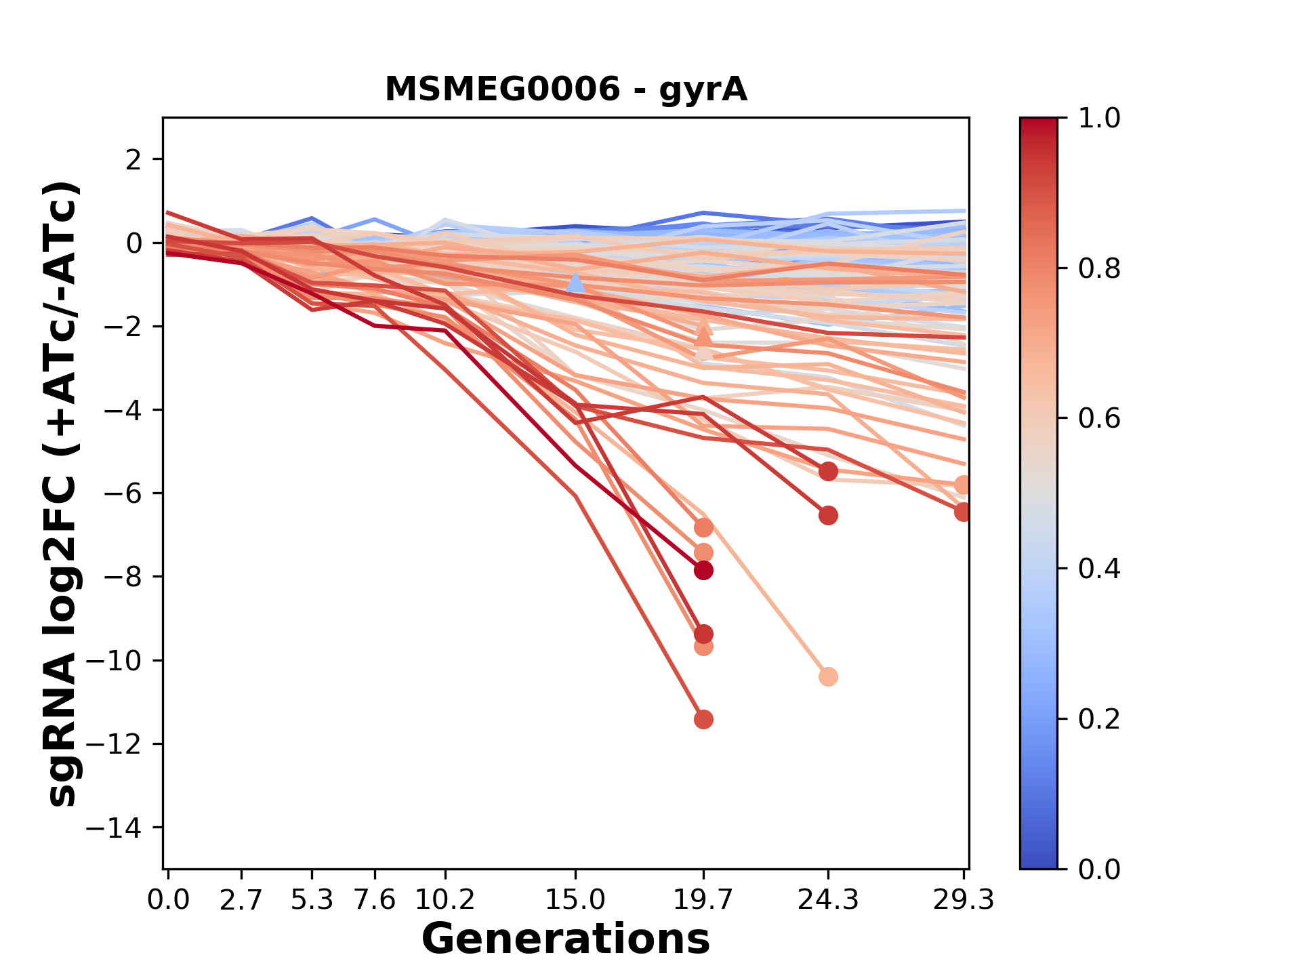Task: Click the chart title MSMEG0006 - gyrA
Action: [x=566, y=89]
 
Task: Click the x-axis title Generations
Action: [x=566, y=939]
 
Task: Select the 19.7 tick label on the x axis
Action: [x=703, y=900]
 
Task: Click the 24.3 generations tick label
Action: [x=827, y=900]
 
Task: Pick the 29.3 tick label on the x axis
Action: [x=963, y=900]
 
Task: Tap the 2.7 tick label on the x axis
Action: [x=241, y=900]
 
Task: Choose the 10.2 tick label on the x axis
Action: [x=445, y=900]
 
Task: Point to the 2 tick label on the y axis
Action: [x=134, y=159]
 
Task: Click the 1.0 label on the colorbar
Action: [x=1099, y=119]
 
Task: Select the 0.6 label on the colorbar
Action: [x=1099, y=419]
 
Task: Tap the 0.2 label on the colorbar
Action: [x=1099, y=719]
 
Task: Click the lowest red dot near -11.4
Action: [x=703, y=719]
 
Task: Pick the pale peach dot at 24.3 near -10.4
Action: [x=828, y=676]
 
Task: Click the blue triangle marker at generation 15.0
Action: [x=575, y=283]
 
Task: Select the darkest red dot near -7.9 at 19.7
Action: [x=703, y=570]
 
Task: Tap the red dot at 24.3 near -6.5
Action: [x=828, y=516]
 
